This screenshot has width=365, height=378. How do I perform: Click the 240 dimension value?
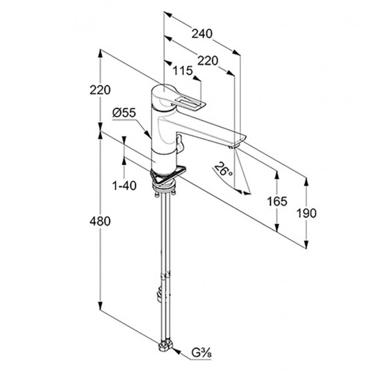point(202,34)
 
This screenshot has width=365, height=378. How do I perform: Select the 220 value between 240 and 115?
point(208,60)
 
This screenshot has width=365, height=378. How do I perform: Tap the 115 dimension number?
point(183,71)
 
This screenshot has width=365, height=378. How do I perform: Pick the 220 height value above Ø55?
point(100,90)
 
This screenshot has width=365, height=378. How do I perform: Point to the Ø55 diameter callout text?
point(124,112)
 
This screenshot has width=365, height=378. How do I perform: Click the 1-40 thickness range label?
point(125,185)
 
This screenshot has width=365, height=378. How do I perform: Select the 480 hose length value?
point(100,221)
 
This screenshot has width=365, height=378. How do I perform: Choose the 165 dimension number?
point(277,202)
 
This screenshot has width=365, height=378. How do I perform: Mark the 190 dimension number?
point(306,213)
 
